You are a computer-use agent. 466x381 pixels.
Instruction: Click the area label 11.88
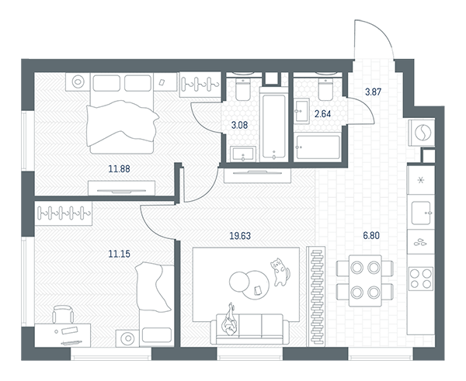tap(119, 169)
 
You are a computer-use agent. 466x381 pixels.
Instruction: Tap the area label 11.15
tap(119, 254)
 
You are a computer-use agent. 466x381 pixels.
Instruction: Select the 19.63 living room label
tap(240, 236)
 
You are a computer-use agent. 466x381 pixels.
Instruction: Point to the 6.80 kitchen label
tap(371, 235)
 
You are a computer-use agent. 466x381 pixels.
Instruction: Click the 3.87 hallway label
tap(373, 92)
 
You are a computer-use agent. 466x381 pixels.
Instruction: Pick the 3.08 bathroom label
tap(239, 125)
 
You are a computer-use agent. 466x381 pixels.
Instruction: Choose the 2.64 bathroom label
tap(322, 114)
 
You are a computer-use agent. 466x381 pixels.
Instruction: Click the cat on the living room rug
tap(280, 272)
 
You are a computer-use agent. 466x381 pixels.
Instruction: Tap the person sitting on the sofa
tap(230, 320)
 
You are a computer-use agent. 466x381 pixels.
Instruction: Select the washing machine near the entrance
tap(422, 133)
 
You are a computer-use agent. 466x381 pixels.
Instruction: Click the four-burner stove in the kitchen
tap(421, 279)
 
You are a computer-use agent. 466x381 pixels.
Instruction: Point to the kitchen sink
tap(421, 213)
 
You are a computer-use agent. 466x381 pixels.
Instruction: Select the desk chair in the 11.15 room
tap(63, 314)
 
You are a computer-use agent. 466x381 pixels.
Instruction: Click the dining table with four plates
tap(365, 280)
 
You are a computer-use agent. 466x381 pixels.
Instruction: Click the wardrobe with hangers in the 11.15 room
tap(64, 213)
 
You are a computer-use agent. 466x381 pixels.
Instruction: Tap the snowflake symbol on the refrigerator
tap(421, 180)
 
